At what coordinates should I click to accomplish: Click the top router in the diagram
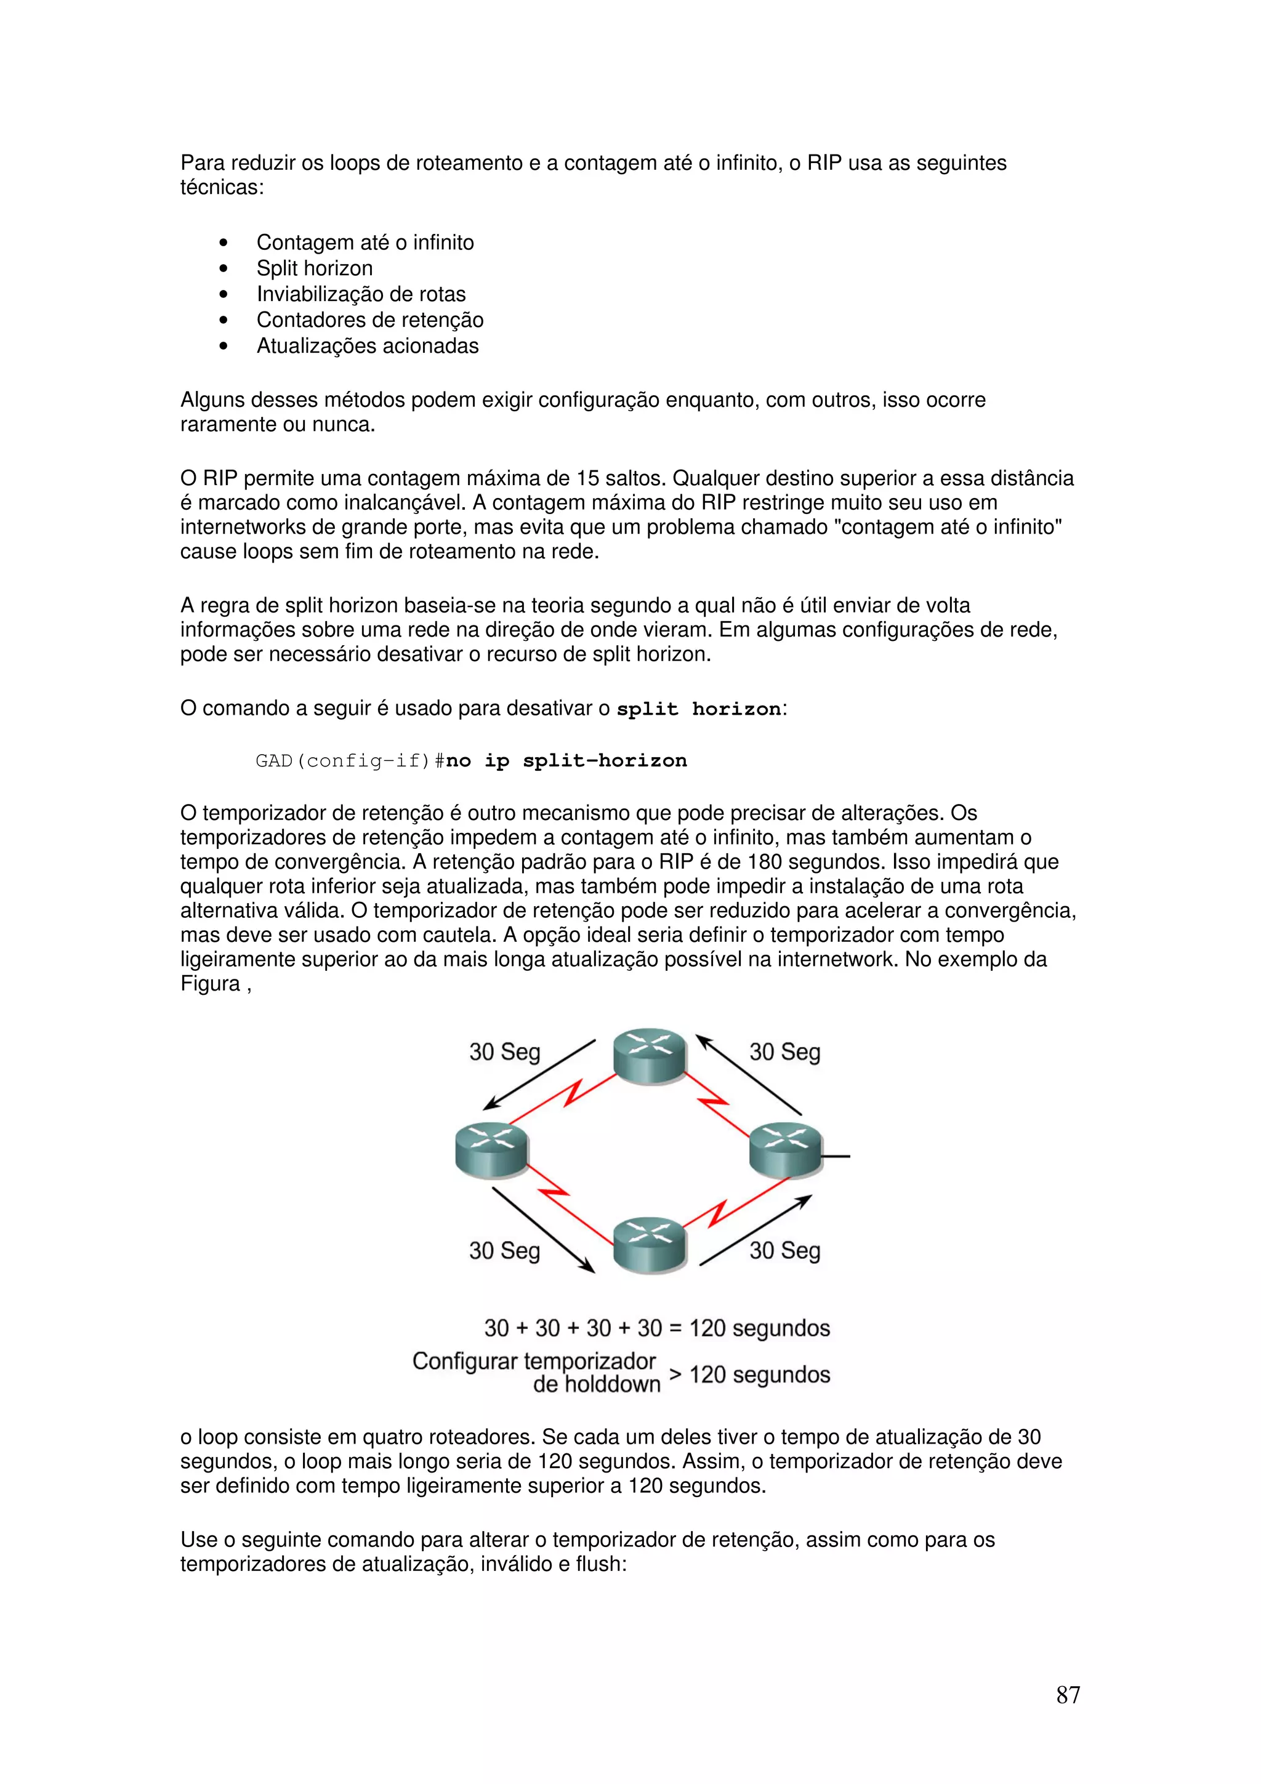[650, 1056]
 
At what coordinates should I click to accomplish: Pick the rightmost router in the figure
[786, 1150]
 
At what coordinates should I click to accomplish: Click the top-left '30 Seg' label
[504, 1052]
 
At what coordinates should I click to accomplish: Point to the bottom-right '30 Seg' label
[784, 1250]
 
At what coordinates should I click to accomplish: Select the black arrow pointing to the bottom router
[543, 1229]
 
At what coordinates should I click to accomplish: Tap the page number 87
[1068, 1695]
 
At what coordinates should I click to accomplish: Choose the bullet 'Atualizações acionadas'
[368, 346]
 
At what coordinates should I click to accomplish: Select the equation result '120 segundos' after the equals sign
[759, 1328]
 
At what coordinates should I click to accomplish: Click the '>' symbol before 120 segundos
[675, 1374]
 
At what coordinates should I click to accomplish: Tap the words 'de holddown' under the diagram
[596, 1384]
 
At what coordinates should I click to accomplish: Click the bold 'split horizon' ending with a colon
[699, 709]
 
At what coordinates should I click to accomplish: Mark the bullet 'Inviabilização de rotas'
[361, 294]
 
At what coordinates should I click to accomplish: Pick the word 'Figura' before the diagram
[210, 984]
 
